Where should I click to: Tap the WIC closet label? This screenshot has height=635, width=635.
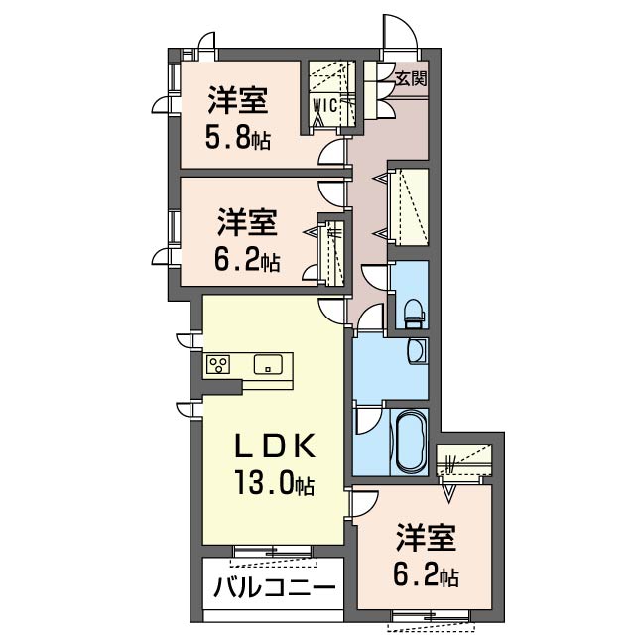tap(324, 103)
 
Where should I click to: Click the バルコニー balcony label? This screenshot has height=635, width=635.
tap(274, 587)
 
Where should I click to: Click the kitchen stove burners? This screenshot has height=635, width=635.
tap(218, 364)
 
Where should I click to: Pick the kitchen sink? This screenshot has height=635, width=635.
tap(268, 364)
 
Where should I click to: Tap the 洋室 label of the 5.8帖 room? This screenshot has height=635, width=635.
tap(238, 101)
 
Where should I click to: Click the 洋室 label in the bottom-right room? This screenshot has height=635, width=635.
tap(428, 539)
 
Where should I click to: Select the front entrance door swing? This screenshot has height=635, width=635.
tap(400, 33)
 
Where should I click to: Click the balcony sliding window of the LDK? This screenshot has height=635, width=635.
tap(272, 550)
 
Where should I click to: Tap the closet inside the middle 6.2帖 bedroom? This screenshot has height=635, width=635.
tap(333, 253)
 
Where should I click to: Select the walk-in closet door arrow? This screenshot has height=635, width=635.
tap(319, 118)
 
